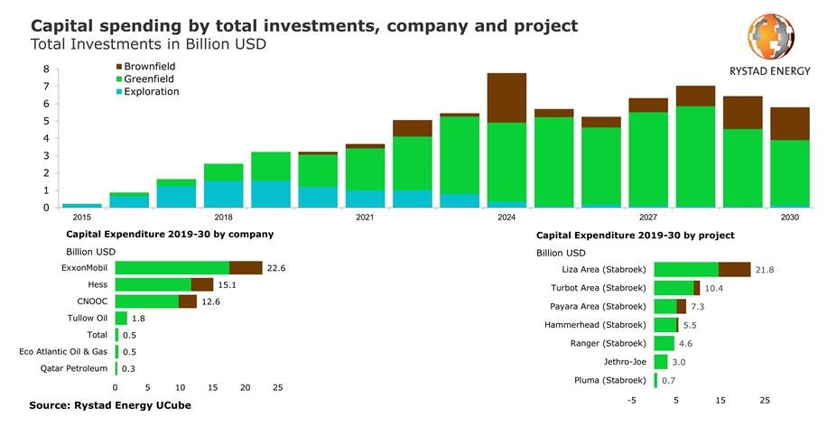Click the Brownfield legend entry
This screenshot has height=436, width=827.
149,67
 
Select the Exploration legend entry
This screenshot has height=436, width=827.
151,91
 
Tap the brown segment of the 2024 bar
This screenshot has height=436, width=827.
506,97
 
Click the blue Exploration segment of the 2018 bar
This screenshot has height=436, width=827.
223,194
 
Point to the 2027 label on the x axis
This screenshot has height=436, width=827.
647,218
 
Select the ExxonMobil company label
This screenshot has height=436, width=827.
84,267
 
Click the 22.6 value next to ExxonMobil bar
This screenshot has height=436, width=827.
277,267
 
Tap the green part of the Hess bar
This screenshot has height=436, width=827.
153,284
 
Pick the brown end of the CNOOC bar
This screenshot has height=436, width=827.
187,301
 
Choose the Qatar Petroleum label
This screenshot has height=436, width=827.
74,368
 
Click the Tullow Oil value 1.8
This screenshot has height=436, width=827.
138,319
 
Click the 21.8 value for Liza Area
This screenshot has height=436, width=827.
764,270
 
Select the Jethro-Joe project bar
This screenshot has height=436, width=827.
660,362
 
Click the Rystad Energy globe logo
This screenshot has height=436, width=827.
770,38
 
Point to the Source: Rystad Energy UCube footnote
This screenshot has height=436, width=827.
110,406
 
